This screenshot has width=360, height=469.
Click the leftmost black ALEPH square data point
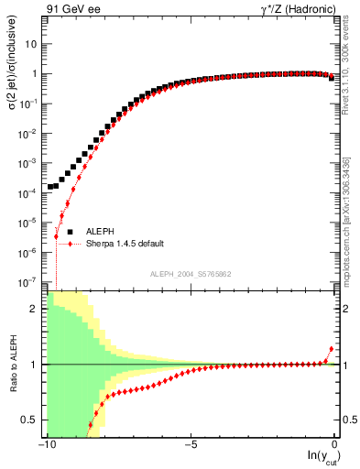(50, 187)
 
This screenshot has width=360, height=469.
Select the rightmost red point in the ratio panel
(331, 349)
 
